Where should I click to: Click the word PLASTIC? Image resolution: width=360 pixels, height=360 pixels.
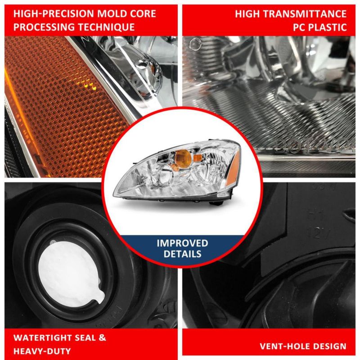[x=328, y=27]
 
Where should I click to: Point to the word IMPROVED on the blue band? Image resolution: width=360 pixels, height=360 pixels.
[x=182, y=243]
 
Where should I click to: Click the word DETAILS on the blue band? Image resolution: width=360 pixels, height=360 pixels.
[x=183, y=254]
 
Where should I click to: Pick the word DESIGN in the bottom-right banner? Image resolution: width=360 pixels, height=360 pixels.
[x=329, y=346]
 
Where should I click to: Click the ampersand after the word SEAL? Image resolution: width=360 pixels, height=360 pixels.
[x=102, y=338]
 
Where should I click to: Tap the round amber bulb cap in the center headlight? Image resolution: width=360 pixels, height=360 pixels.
[x=183, y=158]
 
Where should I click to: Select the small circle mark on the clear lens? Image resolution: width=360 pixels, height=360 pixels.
[x=195, y=44]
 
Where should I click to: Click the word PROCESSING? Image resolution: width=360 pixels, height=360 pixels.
[x=44, y=27]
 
